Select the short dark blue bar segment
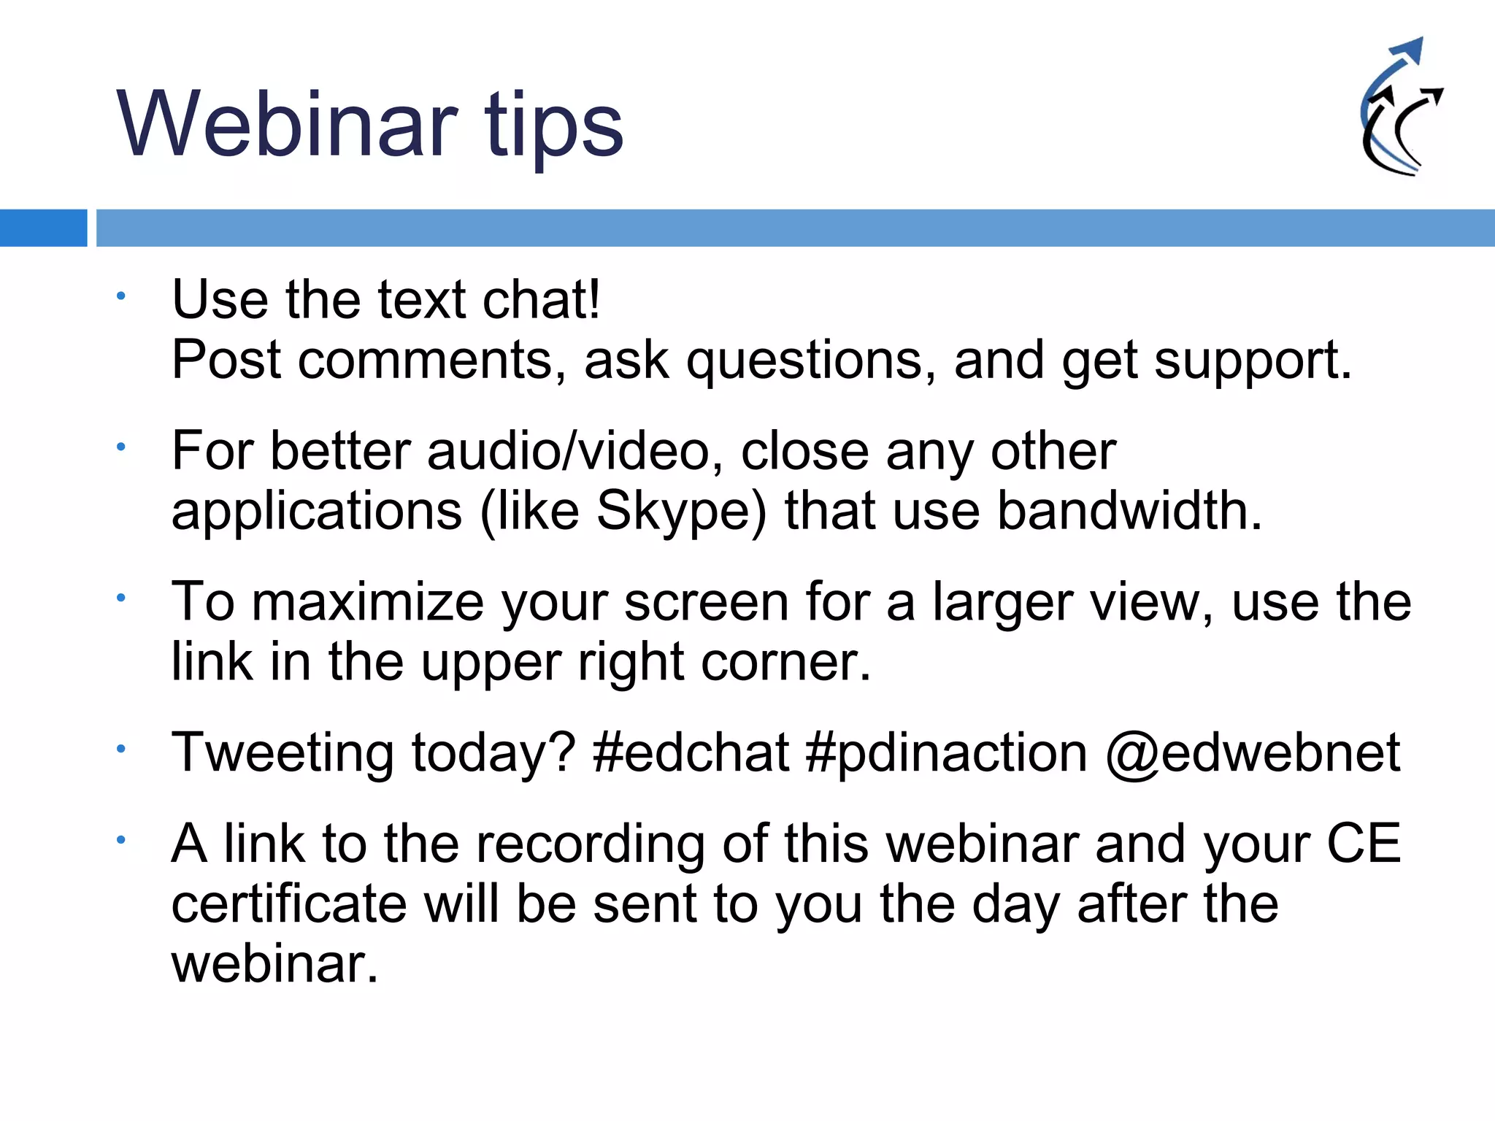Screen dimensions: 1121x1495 click(43, 228)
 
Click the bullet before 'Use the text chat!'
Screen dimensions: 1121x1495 click(121, 296)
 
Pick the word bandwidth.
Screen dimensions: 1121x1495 click(1129, 511)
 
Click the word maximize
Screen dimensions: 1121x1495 click(367, 603)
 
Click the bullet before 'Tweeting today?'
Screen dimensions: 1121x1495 click(121, 749)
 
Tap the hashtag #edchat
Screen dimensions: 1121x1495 click(691, 752)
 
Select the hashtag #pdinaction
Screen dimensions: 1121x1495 click(946, 752)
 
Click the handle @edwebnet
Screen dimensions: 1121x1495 click(1253, 752)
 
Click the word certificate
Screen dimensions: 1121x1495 click(288, 904)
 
